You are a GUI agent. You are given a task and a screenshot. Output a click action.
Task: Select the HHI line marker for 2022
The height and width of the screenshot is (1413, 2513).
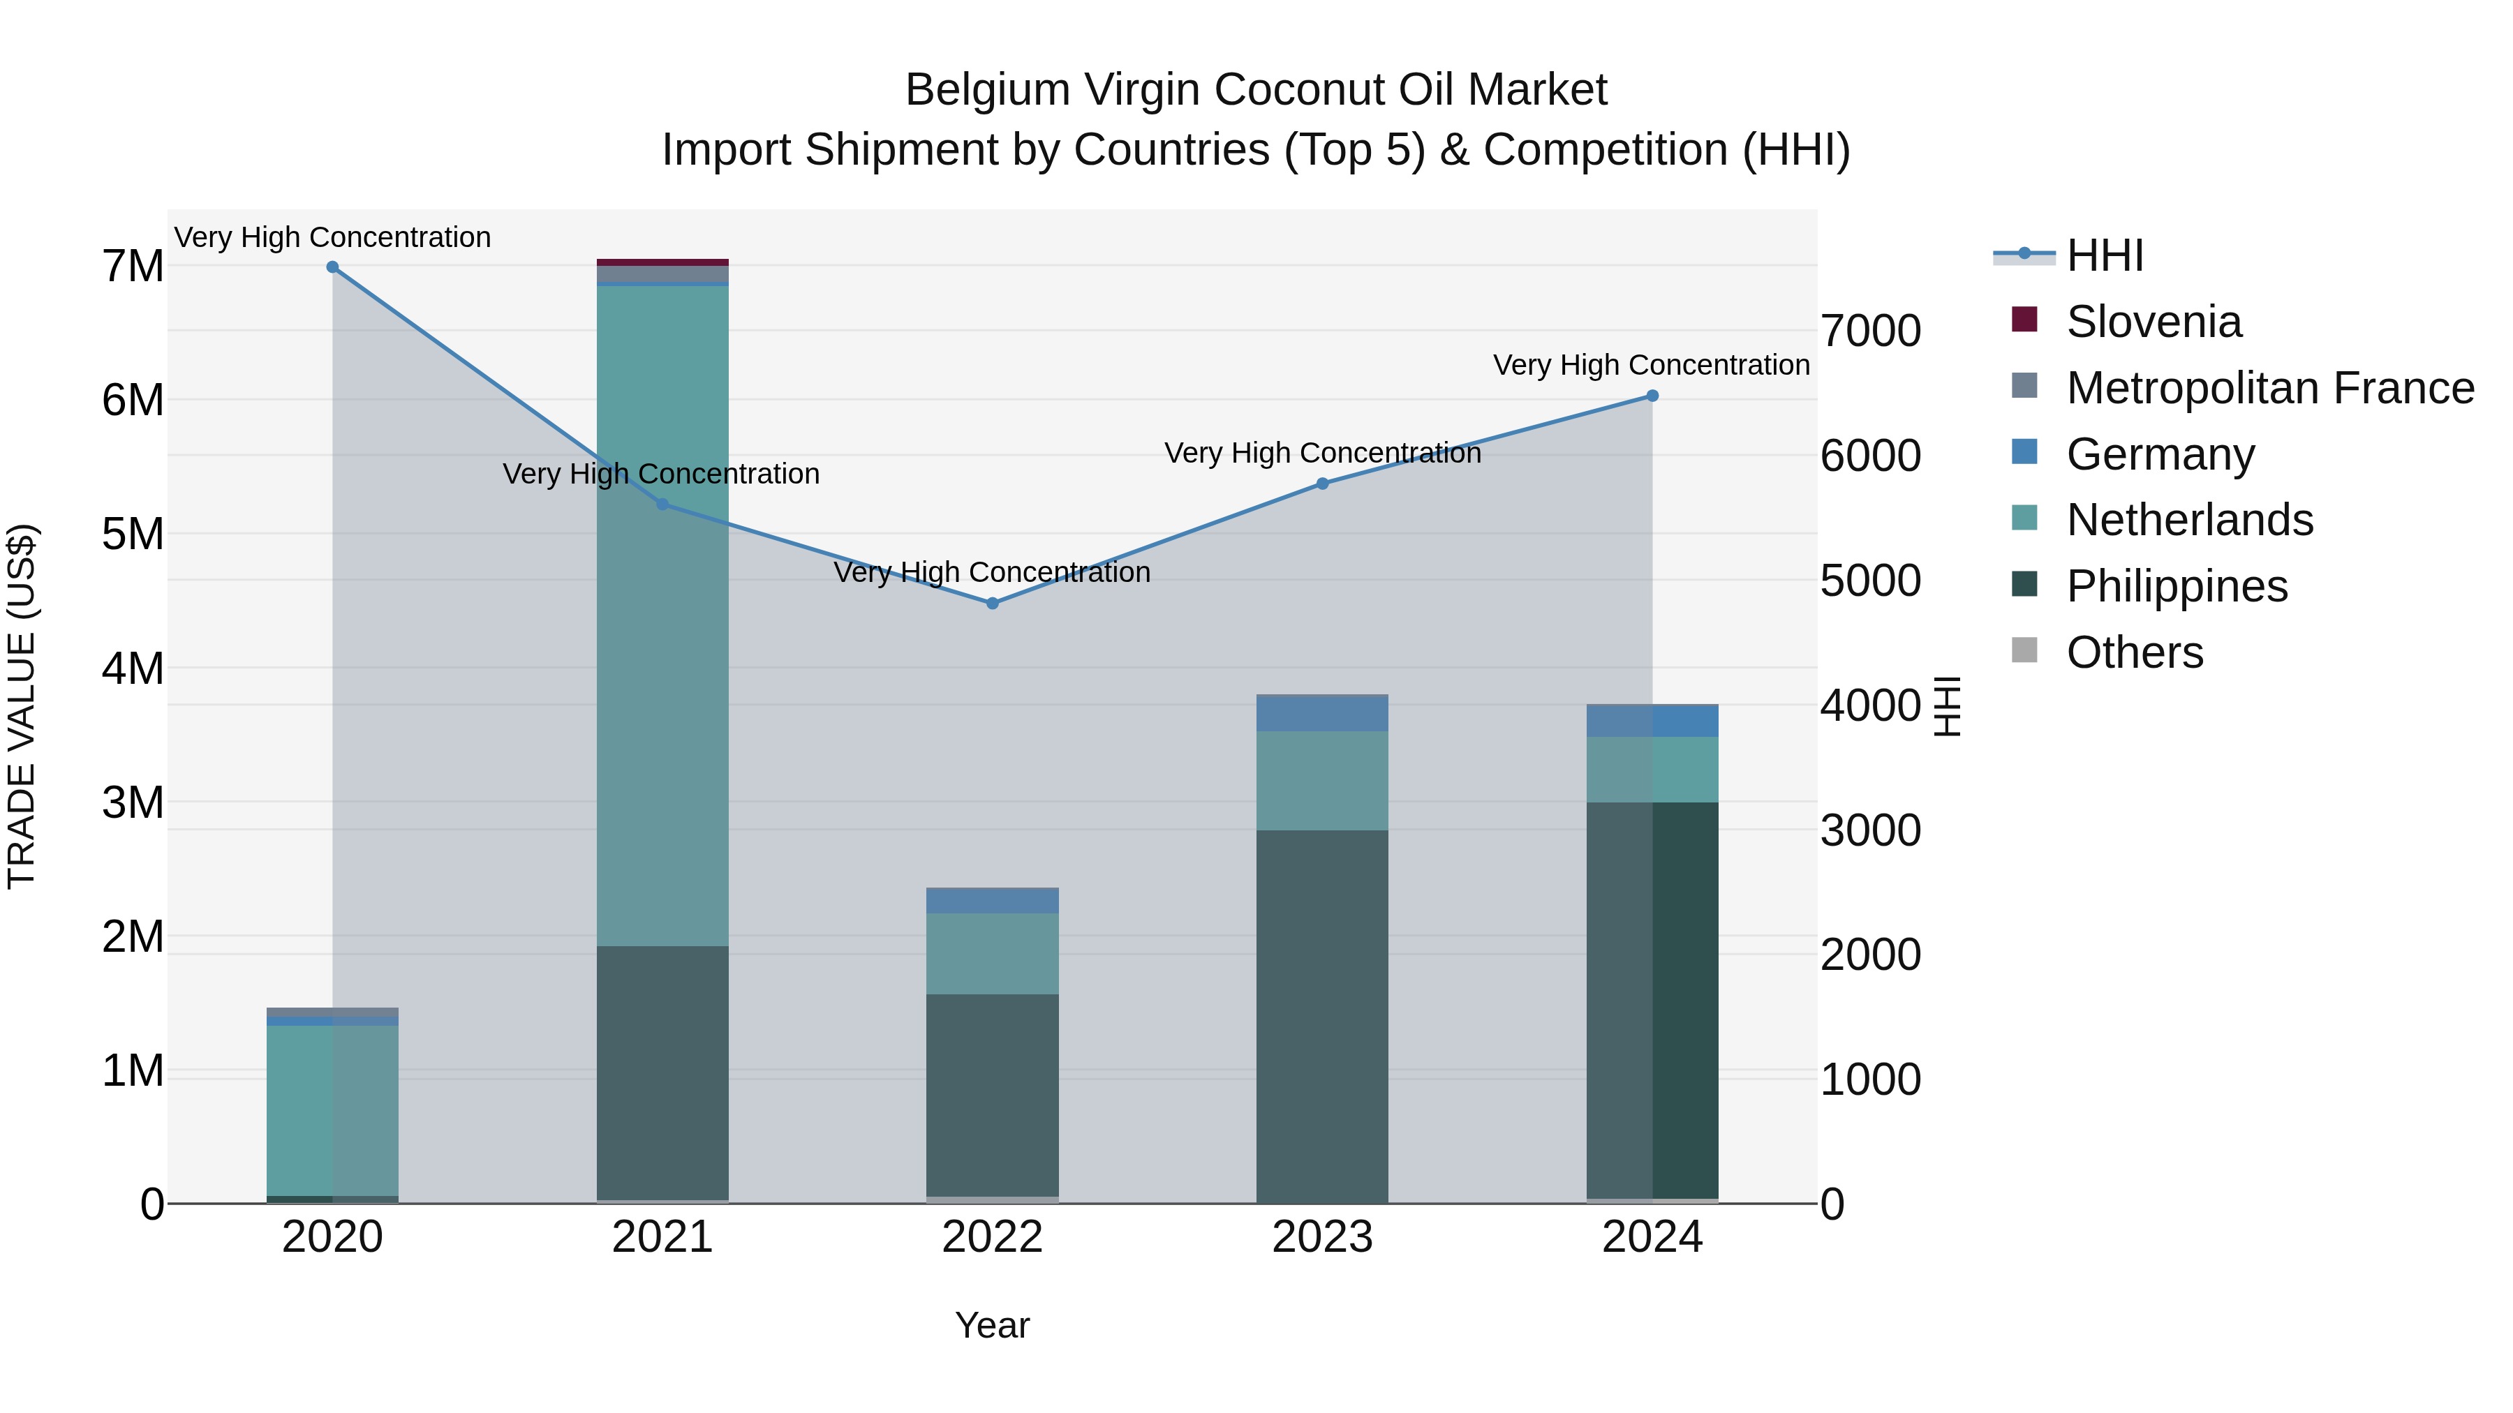point(992,604)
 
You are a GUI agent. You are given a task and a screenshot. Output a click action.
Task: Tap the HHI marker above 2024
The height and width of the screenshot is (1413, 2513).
point(1652,396)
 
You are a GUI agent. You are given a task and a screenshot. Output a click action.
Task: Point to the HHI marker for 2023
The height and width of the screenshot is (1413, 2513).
point(1322,484)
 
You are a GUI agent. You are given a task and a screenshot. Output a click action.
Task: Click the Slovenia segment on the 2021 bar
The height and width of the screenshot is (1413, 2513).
point(662,262)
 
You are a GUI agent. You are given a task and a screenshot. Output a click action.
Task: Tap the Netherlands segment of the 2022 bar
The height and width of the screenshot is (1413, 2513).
point(992,954)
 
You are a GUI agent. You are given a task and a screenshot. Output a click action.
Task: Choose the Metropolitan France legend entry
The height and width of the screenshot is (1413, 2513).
point(2269,388)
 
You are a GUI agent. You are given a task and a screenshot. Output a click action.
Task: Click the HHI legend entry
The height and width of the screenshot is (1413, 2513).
point(2104,255)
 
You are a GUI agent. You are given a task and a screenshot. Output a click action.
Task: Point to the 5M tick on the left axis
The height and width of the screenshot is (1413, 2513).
point(133,534)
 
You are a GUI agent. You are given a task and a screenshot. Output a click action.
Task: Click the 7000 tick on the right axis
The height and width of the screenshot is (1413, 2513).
point(1870,331)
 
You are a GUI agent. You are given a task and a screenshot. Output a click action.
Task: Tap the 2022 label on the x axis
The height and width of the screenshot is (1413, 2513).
point(992,1237)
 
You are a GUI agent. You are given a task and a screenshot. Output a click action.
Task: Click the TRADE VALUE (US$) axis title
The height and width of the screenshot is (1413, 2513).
point(22,706)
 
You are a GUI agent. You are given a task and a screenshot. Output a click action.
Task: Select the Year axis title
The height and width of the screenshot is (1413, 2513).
point(992,1325)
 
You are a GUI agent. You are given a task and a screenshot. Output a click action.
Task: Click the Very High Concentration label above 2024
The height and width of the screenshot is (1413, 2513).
point(1651,366)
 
